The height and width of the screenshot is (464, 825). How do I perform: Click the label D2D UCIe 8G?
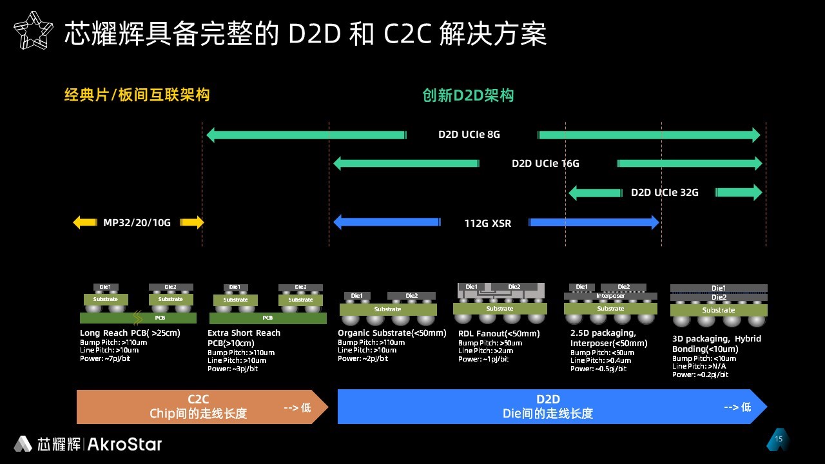click(x=469, y=135)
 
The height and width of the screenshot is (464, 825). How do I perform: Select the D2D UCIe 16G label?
click(x=545, y=164)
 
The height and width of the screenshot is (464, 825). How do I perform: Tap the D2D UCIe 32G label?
click(x=665, y=193)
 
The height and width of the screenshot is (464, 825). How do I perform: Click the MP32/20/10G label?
click(x=137, y=223)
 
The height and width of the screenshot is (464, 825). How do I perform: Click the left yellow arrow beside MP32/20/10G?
click(x=84, y=223)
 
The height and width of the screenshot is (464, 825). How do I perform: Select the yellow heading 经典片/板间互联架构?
click(x=137, y=95)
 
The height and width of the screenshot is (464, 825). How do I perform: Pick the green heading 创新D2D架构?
click(x=468, y=95)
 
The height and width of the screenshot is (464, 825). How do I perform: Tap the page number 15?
click(x=779, y=440)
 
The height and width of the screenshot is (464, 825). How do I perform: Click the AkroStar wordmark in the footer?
click(x=124, y=444)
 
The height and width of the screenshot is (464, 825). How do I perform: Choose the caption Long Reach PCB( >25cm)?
click(x=130, y=333)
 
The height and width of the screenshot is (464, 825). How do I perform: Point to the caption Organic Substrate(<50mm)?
click(x=392, y=333)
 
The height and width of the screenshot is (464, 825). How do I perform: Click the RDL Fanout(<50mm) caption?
click(x=499, y=334)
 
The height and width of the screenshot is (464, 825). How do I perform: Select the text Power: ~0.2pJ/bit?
click(x=700, y=374)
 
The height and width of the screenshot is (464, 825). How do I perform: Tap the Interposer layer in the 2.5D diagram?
click(x=610, y=296)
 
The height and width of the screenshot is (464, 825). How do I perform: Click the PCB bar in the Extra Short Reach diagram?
click(x=267, y=318)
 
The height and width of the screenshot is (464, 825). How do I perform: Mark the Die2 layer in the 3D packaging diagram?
click(x=719, y=297)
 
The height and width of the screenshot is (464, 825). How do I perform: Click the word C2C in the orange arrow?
click(x=198, y=400)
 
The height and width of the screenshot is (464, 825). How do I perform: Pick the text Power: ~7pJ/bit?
click(x=105, y=358)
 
